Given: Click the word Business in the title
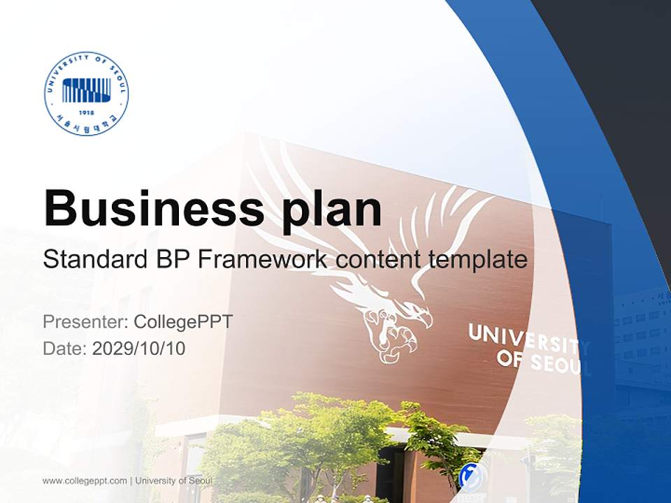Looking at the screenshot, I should [x=150, y=207].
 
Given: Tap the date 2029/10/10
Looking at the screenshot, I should [x=139, y=348].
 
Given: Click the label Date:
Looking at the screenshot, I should [x=65, y=348].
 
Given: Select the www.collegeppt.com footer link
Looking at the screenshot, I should [x=85, y=481].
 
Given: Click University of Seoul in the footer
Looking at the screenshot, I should [x=173, y=481].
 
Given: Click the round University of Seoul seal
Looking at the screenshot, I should [x=86, y=93].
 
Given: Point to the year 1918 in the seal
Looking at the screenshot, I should [x=86, y=112].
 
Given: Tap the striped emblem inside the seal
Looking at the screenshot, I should [x=86, y=89].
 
